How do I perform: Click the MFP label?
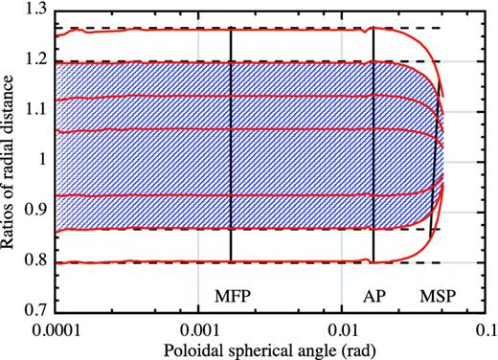[230, 297]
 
